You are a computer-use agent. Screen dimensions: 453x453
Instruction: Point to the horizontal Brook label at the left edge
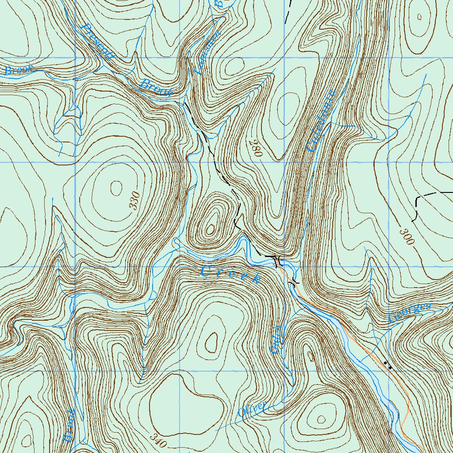click(x=19, y=70)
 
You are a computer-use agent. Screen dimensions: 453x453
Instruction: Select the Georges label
click(x=409, y=313)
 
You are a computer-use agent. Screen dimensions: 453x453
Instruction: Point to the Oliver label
click(x=252, y=410)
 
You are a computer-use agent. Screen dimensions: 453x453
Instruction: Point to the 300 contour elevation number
click(x=406, y=237)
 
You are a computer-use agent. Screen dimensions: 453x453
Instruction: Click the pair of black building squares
click(x=388, y=365)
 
